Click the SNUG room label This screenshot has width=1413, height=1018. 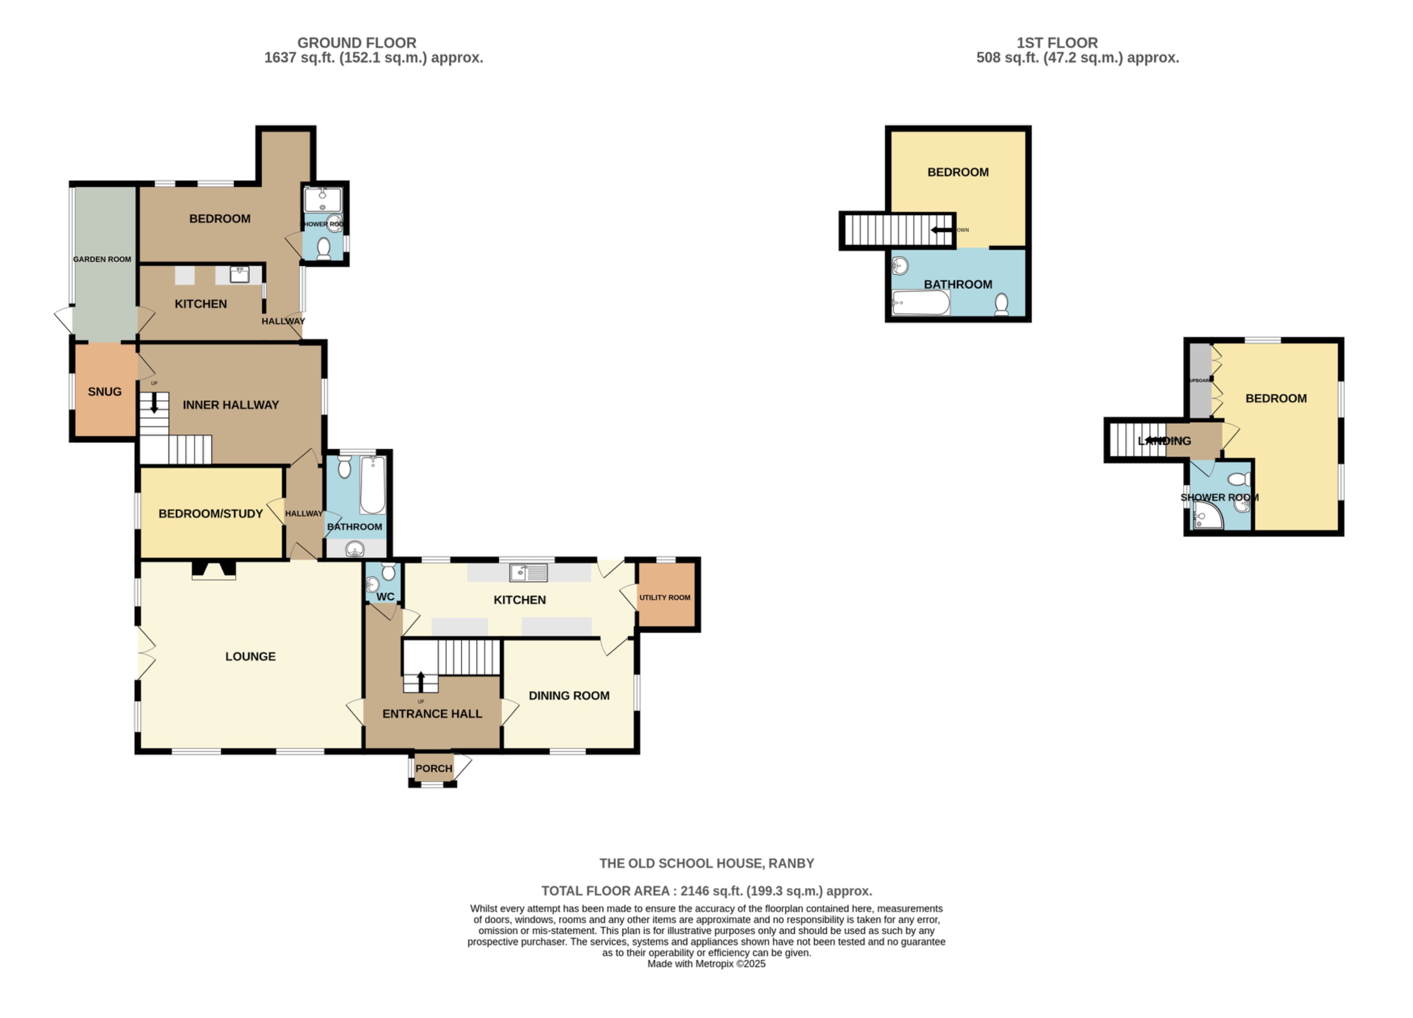tap(105, 392)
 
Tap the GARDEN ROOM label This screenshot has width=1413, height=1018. tap(102, 259)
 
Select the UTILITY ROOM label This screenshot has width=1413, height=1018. tap(665, 597)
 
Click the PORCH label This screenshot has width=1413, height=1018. tap(433, 769)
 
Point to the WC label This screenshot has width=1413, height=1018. tap(385, 597)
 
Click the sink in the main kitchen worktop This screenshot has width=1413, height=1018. tap(528, 572)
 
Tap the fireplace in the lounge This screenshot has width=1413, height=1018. tap(214, 570)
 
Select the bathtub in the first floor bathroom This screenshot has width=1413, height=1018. tap(920, 303)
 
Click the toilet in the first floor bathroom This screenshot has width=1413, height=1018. tap(1001, 304)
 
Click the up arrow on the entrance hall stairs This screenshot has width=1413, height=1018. tap(421, 681)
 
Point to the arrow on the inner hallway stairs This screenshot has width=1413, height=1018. tap(154, 404)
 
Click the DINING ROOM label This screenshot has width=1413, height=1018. tap(569, 696)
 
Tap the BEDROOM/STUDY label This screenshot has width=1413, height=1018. tap(210, 514)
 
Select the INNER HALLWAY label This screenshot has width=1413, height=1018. tap(231, 405)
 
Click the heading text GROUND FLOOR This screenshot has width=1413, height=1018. tap(356, 43)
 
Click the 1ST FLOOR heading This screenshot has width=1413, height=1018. tap(1057, 43)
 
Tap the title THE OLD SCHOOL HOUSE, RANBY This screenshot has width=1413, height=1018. tap(706, 864)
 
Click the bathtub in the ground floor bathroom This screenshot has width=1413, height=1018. tap(372, 485)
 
